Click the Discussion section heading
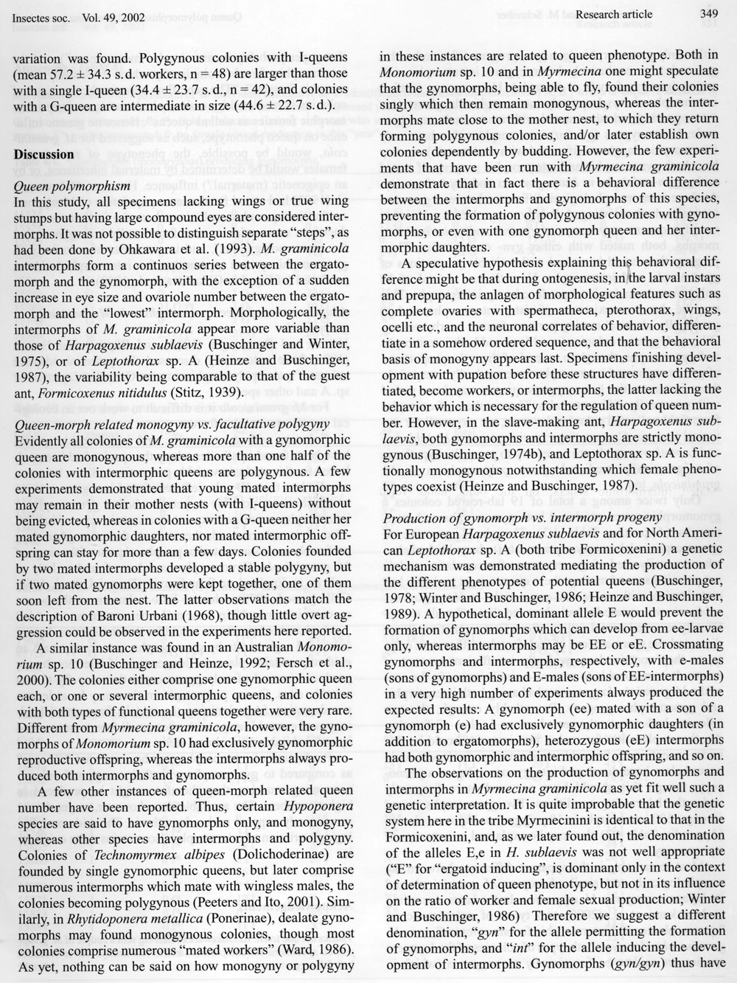click(44, 155)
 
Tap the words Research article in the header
click(614, 14)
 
